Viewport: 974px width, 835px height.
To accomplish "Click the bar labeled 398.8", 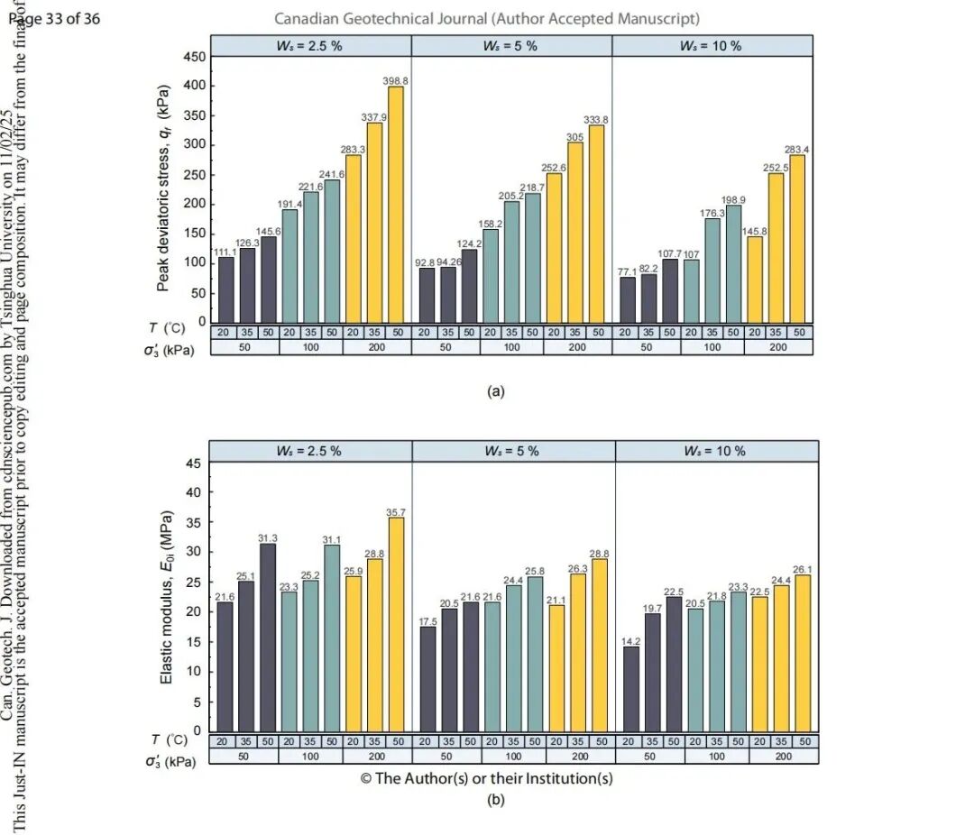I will click(395, 205).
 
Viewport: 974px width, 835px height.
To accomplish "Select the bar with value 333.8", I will click(596, 225).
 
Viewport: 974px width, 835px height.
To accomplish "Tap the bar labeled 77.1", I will click(626, 299).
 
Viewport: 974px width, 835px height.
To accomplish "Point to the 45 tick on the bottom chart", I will click(192, 463).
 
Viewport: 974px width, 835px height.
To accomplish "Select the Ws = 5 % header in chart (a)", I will click(510, 46).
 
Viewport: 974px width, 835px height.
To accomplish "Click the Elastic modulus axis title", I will click(167, 598).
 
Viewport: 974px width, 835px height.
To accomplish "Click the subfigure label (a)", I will click(495, 391).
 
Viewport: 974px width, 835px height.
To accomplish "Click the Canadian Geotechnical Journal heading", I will click(487, 18).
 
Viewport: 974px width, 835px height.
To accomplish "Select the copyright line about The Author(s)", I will click(487, 778).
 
